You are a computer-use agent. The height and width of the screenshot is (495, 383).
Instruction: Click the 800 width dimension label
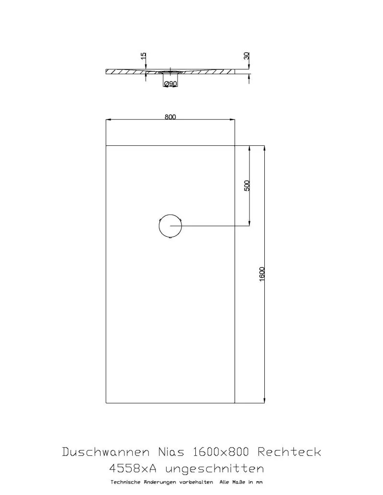[x=170, y=117]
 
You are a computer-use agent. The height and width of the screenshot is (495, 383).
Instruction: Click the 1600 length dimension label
[x=262, y=274]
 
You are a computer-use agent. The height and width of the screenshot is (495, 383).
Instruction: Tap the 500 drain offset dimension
[x=247, y=186]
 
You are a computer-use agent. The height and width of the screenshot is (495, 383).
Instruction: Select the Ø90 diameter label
[x=170, y=84]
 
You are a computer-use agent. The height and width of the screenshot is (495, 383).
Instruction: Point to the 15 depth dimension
[x=144, y=56]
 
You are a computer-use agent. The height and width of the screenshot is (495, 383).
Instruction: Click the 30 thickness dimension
[x=247, y=56]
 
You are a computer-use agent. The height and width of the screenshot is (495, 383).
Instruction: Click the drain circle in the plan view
[x=170, y=215]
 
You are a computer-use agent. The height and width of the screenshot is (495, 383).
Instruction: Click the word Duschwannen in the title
[x=106, y=452]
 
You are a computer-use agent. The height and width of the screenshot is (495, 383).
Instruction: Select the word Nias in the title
[x=171, y=452]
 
